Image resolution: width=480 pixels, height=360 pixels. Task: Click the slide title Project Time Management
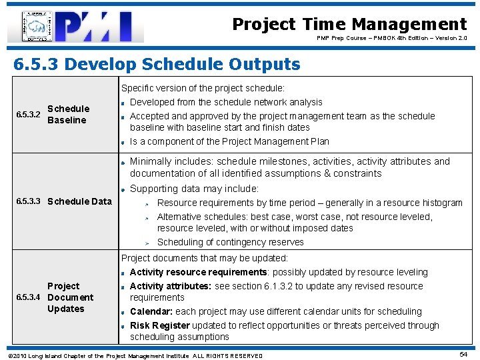tap(349, 25)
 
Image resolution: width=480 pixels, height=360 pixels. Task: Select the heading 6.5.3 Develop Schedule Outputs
tap(157, 64)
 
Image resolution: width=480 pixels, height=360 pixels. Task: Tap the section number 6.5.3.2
tap(28, 115)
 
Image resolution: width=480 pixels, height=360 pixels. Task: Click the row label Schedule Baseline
tap(68, 115)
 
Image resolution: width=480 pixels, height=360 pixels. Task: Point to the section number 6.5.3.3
tap(28, 201)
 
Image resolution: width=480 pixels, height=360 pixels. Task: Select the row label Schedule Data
tap(80, 201)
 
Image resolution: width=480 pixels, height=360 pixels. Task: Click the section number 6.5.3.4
tap(28, 297)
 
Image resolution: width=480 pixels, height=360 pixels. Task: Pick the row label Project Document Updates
tap(69, 297)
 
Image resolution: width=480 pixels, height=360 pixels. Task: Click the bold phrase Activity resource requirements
tap(198, 272)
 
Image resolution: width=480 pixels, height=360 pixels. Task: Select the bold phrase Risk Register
tap(160, 325)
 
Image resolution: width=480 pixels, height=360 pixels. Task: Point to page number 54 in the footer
tap(463, 355)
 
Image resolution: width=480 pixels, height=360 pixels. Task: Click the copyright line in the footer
tap(135, 355)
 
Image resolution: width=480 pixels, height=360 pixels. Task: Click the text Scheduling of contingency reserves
tap(230, 242)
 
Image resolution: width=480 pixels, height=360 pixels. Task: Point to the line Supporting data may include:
tap(194, 189)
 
